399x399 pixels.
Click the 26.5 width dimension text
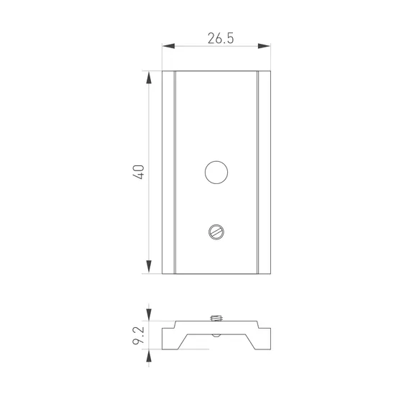pyautogui.click(x=221, y=38)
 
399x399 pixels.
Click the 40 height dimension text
pyautogui.click(x=139, y=173)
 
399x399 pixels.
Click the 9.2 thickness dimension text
pyautogui.click(x=139, y=336)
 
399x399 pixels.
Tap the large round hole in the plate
pyautogui.click(x=216, y=173)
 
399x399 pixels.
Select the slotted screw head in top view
pyautogui.click(x=216, y=232)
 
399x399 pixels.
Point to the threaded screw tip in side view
pyautogui.click(x=216, y=318)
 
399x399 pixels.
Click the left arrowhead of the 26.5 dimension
pyautogui.click(x=168, y=46)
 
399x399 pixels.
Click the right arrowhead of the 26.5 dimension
pyautogui.click(x=264, y=46)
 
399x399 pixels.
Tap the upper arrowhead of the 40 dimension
pyautogui.click(x=149, y=78)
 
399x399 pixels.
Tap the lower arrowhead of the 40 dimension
pyautogui.click(x=149, y=267)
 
